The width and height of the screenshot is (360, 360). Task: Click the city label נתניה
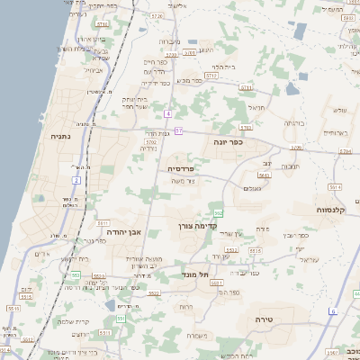(x=59, y=137)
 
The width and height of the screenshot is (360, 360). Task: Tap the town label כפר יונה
(x=229, y=141)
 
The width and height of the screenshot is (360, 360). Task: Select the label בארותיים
(x=336, y=133)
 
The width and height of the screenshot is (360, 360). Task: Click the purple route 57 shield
(x=179, y=131)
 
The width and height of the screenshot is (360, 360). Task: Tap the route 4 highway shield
(x=168, y=114)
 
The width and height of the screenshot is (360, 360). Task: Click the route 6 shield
(x=332, y=310)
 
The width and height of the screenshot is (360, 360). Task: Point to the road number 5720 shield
(x=157, y=16)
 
